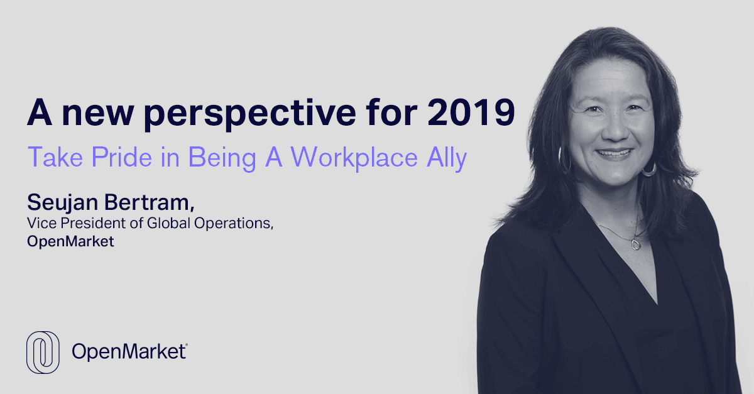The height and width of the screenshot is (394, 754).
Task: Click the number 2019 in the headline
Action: pos(471,112)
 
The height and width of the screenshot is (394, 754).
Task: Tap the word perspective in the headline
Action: pos(250,114)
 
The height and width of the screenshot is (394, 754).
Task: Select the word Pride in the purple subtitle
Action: pos(122,157)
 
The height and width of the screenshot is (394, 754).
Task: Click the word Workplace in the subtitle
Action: pos(354,158)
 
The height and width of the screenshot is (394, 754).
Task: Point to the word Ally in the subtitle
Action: pos(447,158)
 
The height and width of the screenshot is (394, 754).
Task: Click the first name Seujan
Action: pos(63,203)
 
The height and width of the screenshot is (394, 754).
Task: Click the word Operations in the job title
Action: pos(234,223)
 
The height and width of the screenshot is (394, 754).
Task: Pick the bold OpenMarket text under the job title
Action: pos(70,241)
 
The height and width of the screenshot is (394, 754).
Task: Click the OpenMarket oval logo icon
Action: pos(43,353)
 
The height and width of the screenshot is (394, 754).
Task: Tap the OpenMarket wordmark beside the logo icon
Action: pos(129,352)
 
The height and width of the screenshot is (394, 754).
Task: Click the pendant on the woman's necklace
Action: pos(636,244)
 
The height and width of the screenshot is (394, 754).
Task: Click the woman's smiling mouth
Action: pos(615,153)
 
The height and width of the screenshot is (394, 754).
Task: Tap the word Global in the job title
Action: pos(169,223)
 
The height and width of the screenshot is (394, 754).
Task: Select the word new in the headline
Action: pos(98,114)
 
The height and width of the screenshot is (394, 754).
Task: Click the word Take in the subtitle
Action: pos(55,157)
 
